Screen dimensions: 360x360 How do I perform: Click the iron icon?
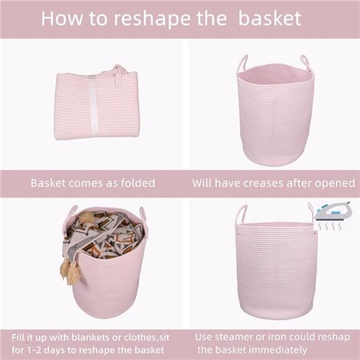coord(333,212)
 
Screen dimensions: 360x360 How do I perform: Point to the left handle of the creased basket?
coord(242,63)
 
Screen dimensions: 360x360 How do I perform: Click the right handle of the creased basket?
coord(305,62)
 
